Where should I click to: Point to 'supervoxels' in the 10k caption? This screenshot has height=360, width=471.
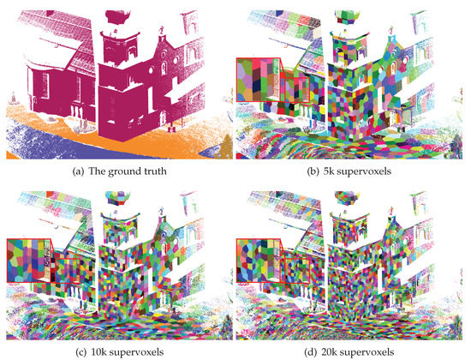click(x=141, y=352)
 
